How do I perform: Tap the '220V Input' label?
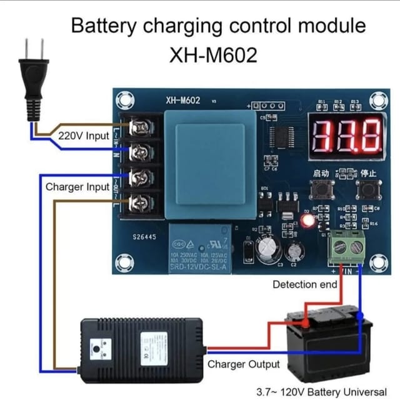click(x=84, y=135)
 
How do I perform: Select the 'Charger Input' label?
click(x=77, y=187)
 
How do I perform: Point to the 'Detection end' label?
click(x=304, y=285)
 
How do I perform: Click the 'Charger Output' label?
click(x=244, y=364)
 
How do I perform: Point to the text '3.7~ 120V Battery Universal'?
click(x=321, y=393)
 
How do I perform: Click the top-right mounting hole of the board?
click(x=377, y=100)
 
